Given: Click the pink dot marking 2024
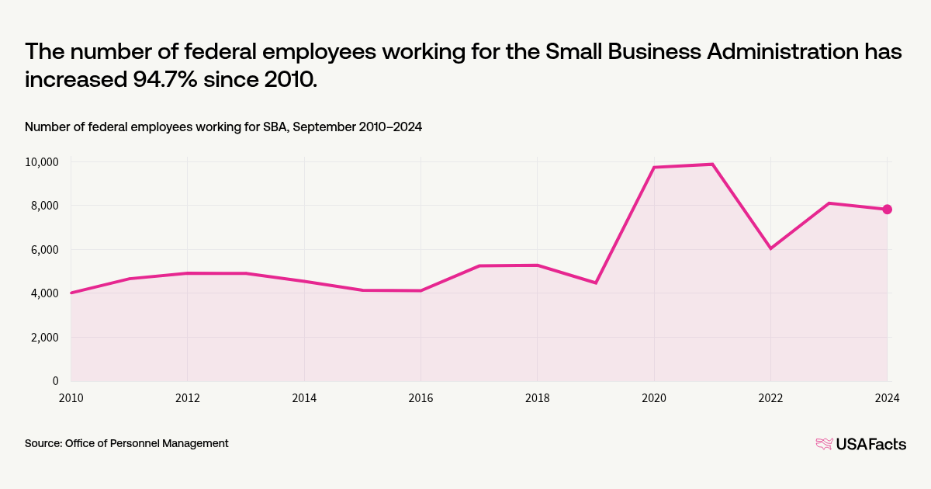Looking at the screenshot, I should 887,210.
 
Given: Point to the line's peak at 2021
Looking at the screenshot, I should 712,165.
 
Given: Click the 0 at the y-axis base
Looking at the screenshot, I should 55,381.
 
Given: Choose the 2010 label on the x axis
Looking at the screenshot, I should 71,398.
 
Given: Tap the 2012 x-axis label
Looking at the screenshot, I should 187,398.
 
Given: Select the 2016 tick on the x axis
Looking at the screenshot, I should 421,398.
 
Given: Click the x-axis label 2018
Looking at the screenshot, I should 538,398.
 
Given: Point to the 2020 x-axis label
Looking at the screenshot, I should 654,398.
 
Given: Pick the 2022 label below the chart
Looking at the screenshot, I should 770,398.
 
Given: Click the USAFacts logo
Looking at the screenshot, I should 860,444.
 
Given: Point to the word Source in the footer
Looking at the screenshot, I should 43,443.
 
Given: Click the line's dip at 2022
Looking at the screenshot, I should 770,248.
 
